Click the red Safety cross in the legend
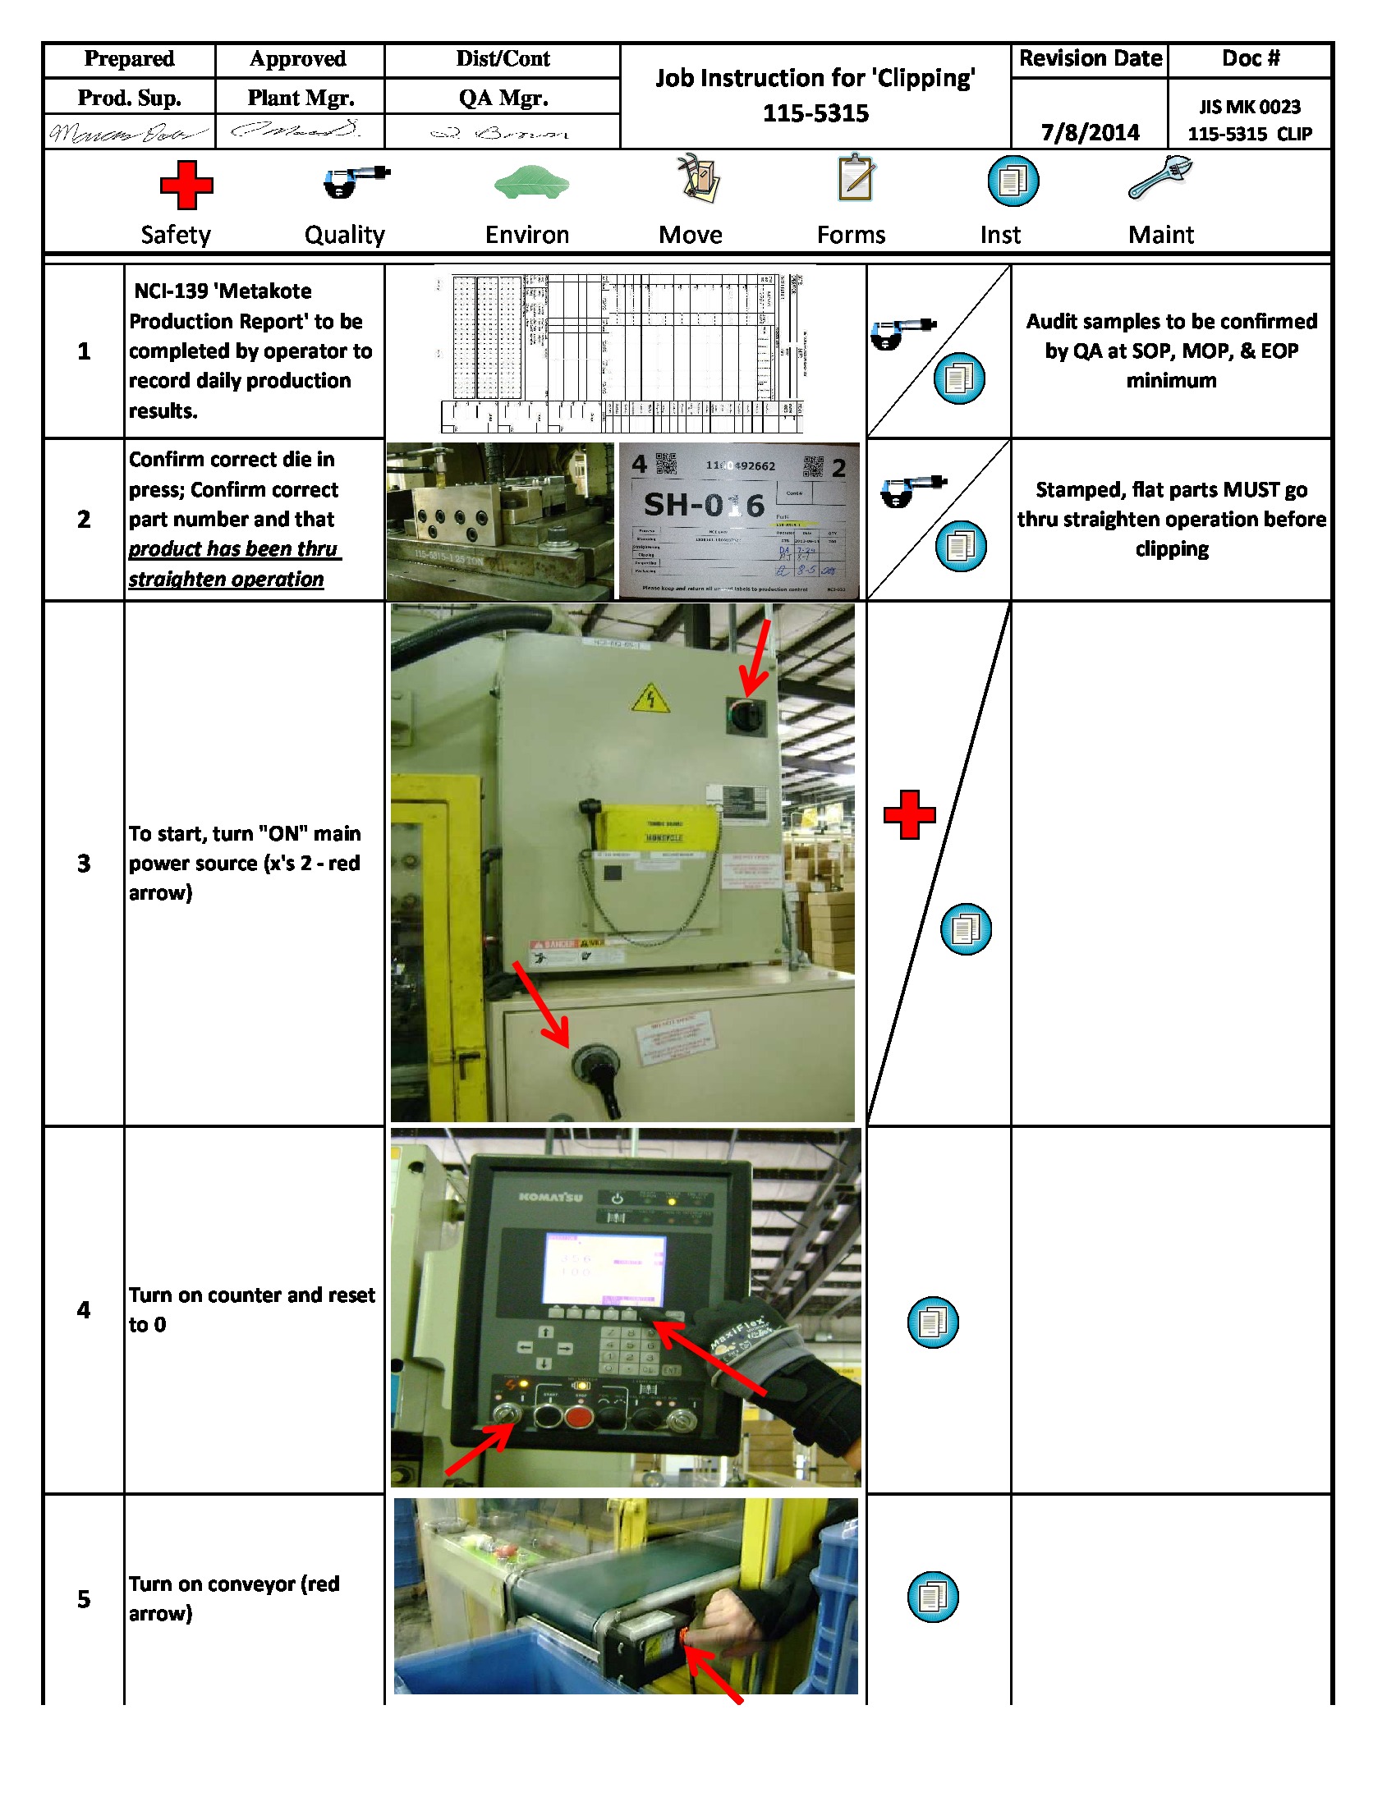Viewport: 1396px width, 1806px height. pyautogui.click(x=186, y=186)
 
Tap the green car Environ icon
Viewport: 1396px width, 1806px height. pyautogui.click(x=532, y=183)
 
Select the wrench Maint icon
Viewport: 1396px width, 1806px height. pyautogui.click(x=1160, y=177)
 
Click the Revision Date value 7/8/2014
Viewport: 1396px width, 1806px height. pyautogui.click(x=1089, y=132)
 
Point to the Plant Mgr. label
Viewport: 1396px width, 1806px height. pyautogui.click(x=301, y=98)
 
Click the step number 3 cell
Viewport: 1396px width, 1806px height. pyautogui.click(x=84, y=864)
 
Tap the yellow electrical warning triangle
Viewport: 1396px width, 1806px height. pyautogui.click(x=651, y=699)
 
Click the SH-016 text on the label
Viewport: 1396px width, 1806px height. pyautogui.click(x=704, y=504)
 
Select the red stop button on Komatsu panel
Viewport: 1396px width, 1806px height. pyautogui.click(x=578, y=1417)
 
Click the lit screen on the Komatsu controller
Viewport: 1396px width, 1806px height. pyautogui.click(x=604, y=1270)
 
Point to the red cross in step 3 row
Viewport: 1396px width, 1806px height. pyautogui.click(x=909, y=815)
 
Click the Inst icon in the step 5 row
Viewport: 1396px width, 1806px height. pyautogui.click(x=932, y=1597)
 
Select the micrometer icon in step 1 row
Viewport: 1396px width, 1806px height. pyautogui.click(x=902, y=332)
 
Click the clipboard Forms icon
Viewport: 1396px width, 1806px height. pyautogui.click(x=856, y=178)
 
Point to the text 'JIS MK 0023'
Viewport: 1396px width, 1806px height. pyautogui.click(x=1250, y=107)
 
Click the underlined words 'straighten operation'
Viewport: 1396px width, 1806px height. pyautogui.click(x=226, y=579)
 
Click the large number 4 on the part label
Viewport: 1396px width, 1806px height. pyautogui.click(x=639, y=464)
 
